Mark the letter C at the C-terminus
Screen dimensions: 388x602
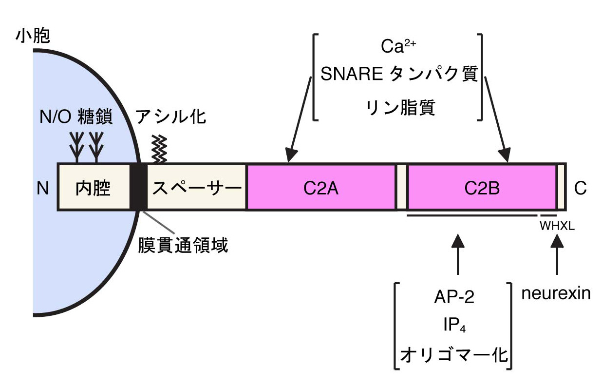click(x=580, y=189)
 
